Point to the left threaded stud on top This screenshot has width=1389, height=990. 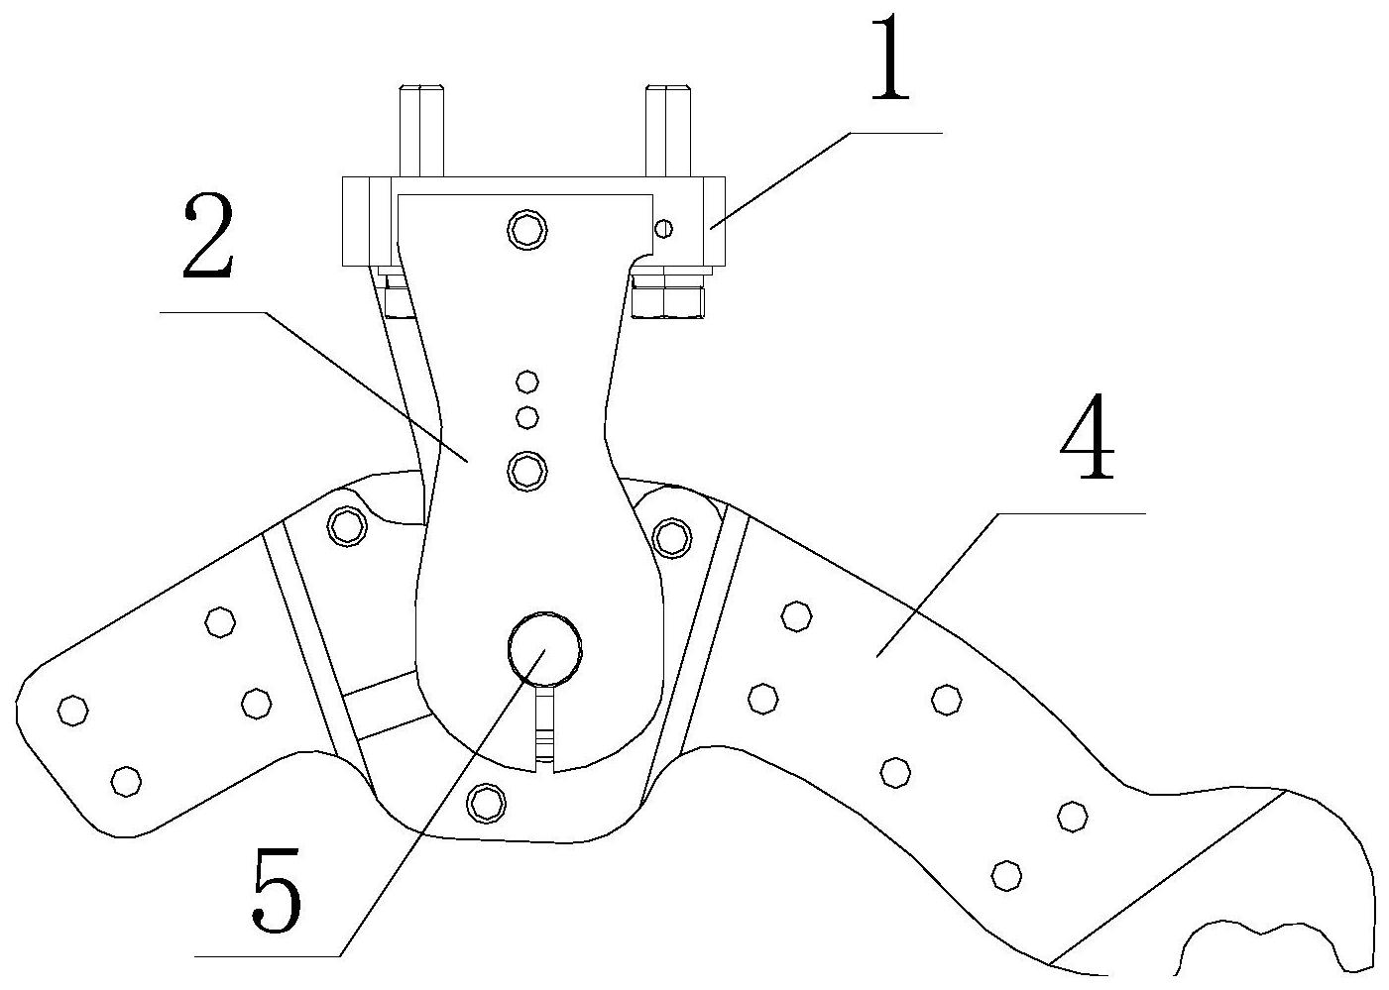tap(420, 130)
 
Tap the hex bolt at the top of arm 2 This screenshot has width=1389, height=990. tap(526, 230)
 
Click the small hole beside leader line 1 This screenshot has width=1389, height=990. tap(664, 230)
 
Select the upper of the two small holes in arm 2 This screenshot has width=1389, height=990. tap(527, 382)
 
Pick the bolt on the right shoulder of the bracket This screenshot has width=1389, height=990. tap(673, 536)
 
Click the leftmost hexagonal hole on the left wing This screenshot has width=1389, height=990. tap(72, 710)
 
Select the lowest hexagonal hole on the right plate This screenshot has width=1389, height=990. tap(1006, 874)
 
